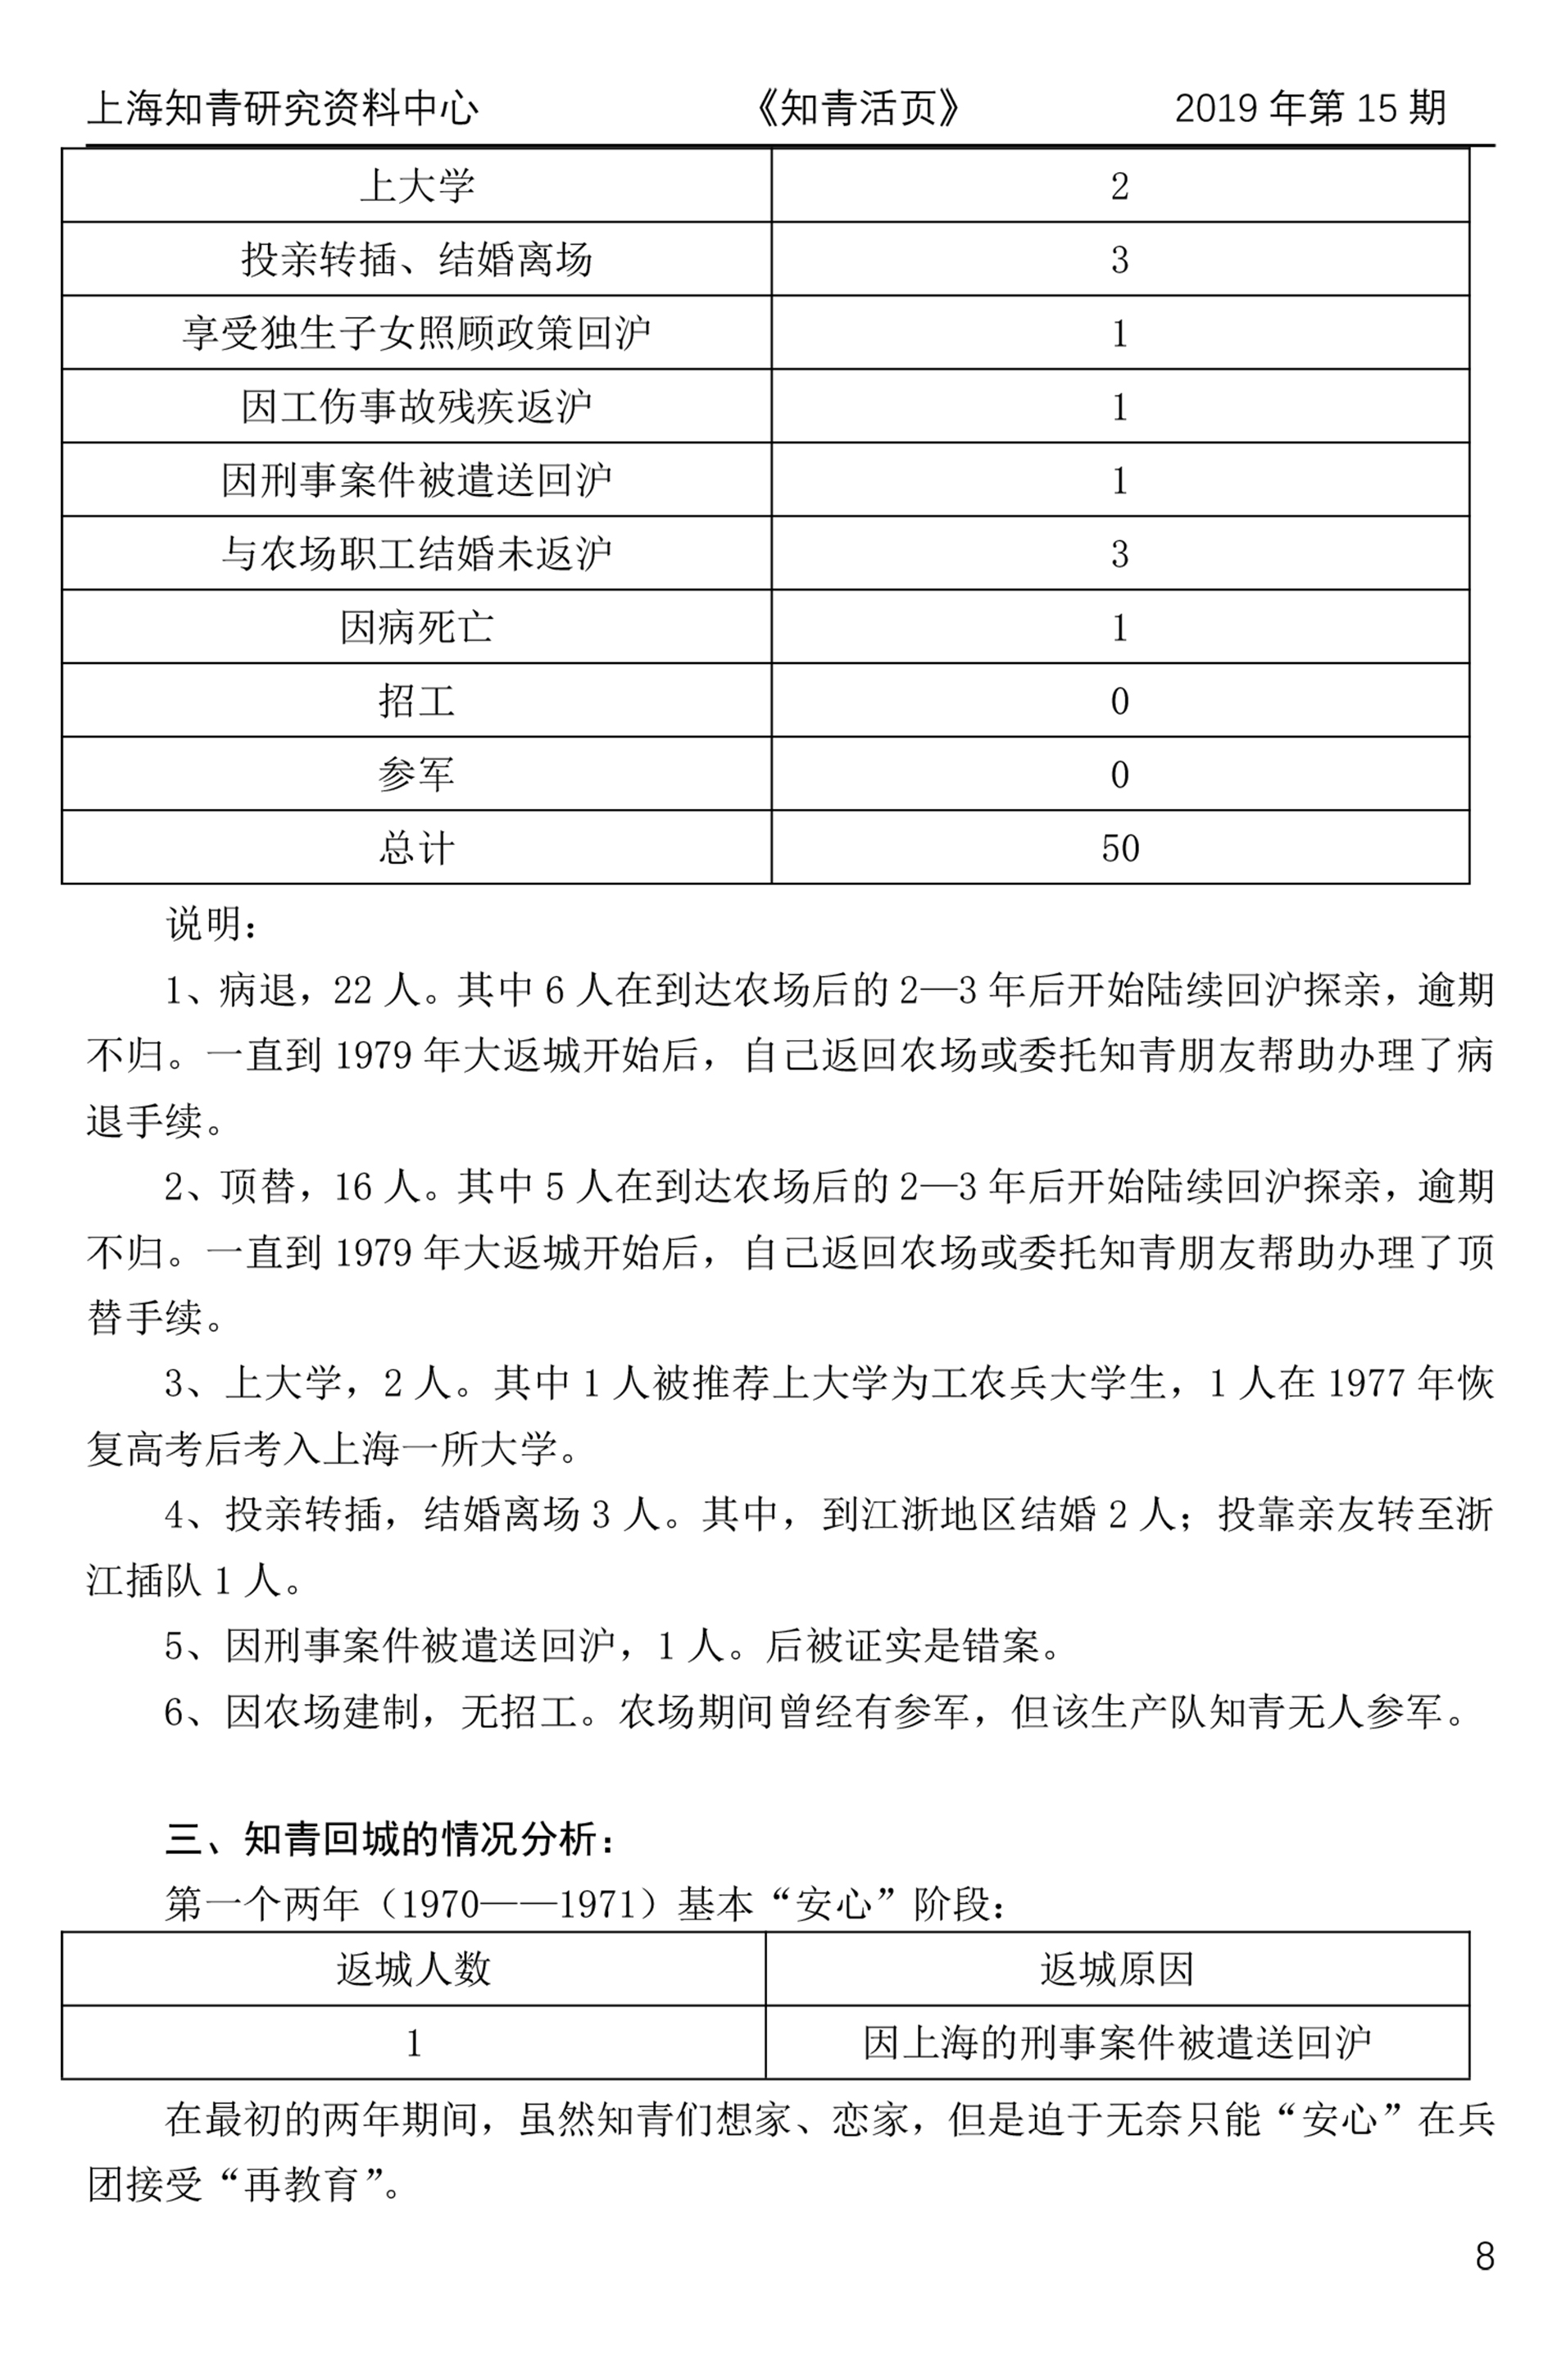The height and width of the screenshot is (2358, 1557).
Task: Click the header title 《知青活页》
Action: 857,108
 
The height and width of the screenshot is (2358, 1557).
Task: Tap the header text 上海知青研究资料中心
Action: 283,108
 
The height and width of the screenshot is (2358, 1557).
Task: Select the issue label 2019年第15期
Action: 1310,107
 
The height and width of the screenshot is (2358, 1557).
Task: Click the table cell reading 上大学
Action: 416,186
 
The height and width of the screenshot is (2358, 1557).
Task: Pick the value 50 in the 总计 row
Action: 1120,848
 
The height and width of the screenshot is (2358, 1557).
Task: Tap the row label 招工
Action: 416,701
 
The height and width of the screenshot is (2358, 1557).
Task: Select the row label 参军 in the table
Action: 416,775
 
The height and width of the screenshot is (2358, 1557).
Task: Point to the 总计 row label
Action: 416,848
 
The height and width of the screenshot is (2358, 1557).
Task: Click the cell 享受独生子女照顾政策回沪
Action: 416,333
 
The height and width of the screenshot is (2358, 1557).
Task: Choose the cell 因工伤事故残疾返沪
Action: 416,406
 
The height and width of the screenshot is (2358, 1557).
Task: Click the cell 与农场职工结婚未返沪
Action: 416,554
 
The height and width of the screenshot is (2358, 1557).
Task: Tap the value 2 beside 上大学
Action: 1120,186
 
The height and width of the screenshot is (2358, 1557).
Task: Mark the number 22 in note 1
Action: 352,990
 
